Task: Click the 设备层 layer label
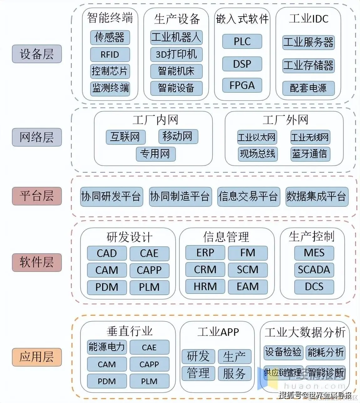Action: tap(37, 54)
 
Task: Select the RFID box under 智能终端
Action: tap(110, 55)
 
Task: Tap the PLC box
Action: tap(242, 41)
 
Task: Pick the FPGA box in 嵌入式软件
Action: tap(242, 85)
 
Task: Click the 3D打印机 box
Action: tap(176, 54)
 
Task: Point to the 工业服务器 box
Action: tap(308, 42)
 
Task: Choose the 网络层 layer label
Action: tap(37, 137)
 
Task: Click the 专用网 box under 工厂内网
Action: tap(156, 154)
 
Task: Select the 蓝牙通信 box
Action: tap(309, 154)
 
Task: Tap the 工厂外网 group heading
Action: tap(285, 120)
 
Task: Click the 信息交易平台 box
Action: tap(248, 196)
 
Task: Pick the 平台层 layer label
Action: tap(37, 196)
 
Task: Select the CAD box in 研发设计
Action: tap(107, 253)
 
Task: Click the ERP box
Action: tap(205, 253)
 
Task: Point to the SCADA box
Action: tap(314, 270)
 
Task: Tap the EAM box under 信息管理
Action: tap(248, 286)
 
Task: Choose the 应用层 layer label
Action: tap(37, 357)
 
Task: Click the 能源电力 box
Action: tap(107, 347)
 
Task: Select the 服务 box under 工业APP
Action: tap(234, 374)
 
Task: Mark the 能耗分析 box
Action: tap(326, 352)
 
